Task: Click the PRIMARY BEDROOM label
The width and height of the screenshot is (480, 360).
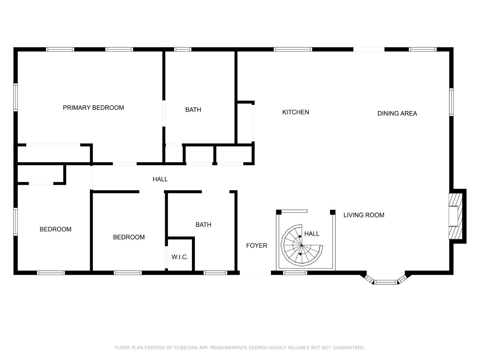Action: tap(93, 108)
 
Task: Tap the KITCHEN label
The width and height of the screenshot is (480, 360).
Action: tap(295, 112)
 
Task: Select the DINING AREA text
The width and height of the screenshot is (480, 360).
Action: tap(397, 114)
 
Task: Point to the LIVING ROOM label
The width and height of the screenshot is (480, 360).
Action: tap(364, 215)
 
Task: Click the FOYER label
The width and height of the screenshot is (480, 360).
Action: tap(257, 246)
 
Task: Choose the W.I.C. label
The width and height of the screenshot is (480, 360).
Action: tap(180, 257)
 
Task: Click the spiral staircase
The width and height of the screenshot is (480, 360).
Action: tap(302, 245)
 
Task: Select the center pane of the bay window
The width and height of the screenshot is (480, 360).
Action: tap(386, 282)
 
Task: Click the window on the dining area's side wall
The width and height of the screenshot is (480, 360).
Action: tap(451, 102)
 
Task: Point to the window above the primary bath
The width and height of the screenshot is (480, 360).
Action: tap(183, 49)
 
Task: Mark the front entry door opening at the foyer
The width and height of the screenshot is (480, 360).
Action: tap(255, 273)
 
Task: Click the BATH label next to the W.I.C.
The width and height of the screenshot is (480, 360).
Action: tap(204, 225)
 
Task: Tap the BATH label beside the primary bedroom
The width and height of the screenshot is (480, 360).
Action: tap(193, 110)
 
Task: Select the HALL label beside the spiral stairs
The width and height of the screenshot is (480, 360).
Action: tap(312, 234)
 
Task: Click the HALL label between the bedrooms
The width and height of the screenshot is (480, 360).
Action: tap(160, 179)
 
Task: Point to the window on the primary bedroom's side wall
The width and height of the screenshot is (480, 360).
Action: tap(16, 97)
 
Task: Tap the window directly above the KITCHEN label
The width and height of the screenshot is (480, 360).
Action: tap(293, 49)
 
